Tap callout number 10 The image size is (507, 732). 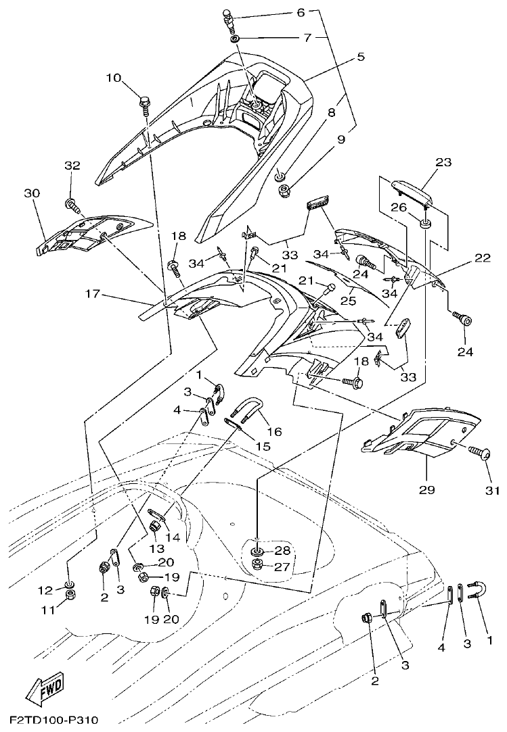[113, 78]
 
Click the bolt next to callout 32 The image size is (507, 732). [70, 203]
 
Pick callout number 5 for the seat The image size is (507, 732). [361, 57]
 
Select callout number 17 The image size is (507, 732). [94, 294]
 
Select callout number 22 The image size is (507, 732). [482, 257]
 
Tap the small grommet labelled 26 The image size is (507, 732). [426, 224]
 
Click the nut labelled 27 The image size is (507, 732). [258, 564]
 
